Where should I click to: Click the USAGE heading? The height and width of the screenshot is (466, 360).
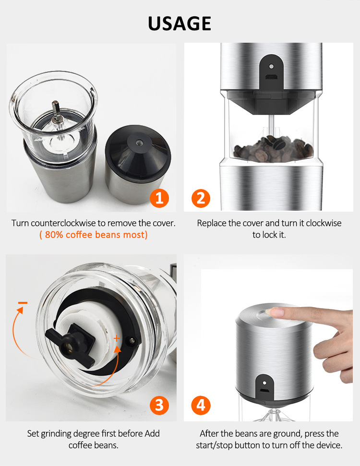(x=180, y=24)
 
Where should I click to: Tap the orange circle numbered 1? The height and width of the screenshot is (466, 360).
(x=159, y=198)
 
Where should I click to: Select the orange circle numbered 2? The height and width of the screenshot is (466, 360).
(x=201, y=198)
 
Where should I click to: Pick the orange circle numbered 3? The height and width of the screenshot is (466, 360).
(x=159, y=405)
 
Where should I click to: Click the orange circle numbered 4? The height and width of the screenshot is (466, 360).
(x=201, y=405)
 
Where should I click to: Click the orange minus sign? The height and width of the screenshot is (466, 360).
(x=23, y=303)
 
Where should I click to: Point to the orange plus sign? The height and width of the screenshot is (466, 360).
(x=117, y=338)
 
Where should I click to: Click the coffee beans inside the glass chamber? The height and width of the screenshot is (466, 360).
(x=273, y=149)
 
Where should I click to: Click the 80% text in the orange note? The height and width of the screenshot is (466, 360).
(x=54, y=235)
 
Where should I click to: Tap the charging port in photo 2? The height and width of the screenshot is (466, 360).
(x=271, y=77)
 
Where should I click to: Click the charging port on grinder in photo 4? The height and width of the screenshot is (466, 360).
(x=264, y=392)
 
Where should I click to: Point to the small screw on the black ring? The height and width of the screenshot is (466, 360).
(x=131, y=340)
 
